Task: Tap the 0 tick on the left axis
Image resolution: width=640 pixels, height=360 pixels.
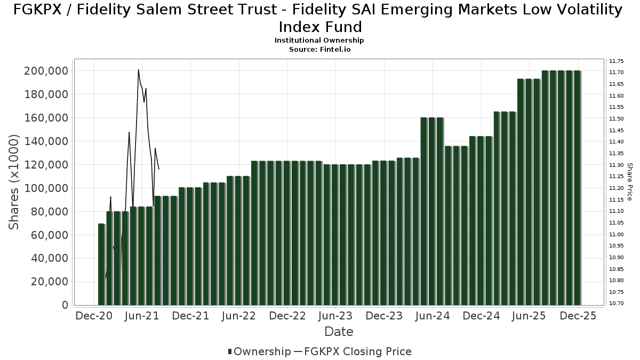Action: [x=65, y=305]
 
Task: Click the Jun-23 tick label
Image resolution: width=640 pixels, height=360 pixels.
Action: [x=335, y=316]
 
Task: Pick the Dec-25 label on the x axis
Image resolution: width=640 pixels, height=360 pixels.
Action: [x=578, y=316]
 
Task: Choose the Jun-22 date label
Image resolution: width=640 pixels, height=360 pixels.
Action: [x=238, y=316]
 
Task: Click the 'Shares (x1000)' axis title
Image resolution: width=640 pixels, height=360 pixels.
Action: [x=15, y=182]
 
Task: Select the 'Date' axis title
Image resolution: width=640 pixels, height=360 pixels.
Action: [x=339, y=332]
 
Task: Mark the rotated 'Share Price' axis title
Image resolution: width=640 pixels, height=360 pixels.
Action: [x=629, y=182]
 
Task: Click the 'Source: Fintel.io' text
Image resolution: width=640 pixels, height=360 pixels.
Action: [x=319, y=49]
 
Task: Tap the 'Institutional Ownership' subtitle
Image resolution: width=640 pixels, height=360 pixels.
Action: [x=319, y=41]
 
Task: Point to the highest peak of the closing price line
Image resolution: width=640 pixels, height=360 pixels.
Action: [x=139, y=70]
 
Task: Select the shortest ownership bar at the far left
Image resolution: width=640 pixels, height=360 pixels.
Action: [x=101, y=265]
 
